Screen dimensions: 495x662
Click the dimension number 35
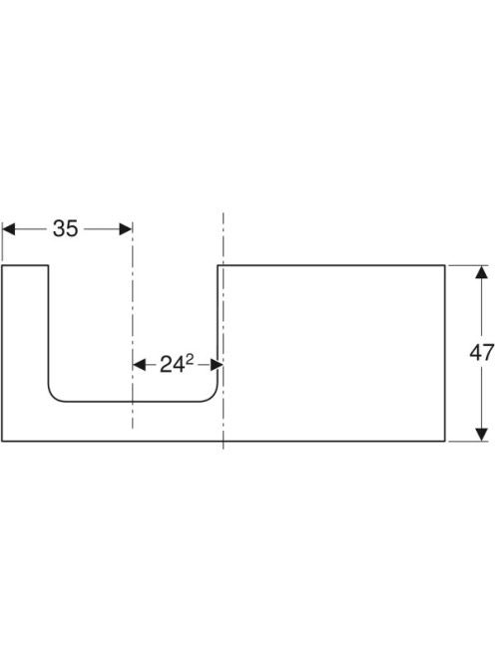66,229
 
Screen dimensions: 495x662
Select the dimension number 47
481,353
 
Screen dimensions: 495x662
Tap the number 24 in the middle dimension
172,365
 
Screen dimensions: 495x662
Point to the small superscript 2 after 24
190,360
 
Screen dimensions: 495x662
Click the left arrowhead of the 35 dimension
8,229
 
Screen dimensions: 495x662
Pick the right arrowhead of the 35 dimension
126,229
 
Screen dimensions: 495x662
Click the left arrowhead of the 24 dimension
139,365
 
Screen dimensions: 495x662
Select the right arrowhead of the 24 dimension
217,365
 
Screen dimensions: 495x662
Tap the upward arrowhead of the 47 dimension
481,272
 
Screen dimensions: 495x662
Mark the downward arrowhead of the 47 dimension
481,435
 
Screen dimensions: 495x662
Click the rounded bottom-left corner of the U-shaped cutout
54,396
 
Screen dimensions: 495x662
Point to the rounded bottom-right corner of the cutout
213,396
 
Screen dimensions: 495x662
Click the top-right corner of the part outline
445,265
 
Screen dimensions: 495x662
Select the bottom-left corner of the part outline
2,441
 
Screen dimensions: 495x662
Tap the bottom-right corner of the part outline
445,441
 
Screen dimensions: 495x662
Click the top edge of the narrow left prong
25,265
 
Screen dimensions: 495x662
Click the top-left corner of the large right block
219,265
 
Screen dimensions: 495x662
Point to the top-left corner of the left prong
2,265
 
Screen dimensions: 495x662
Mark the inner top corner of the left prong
48,265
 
